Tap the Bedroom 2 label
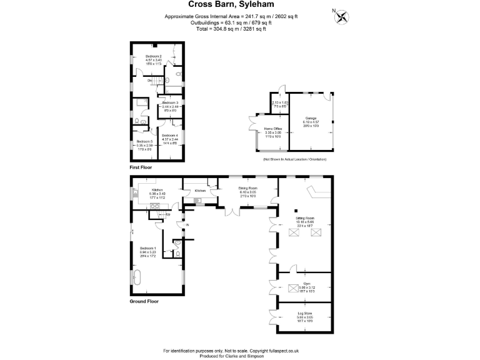[x=146, y=57]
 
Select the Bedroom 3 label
[x=170, y=102]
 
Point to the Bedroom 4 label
[x=169, y=136]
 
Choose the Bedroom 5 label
[x=145, y=142]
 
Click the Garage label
[x=311, y=117]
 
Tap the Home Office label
[x=273, y=129]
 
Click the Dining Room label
[x=248, y=188]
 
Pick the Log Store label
[x=304, y=312]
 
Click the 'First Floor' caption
[x=141, y=167]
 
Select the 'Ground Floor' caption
[x=143, y=301]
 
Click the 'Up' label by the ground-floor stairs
[x=168, y=215]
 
